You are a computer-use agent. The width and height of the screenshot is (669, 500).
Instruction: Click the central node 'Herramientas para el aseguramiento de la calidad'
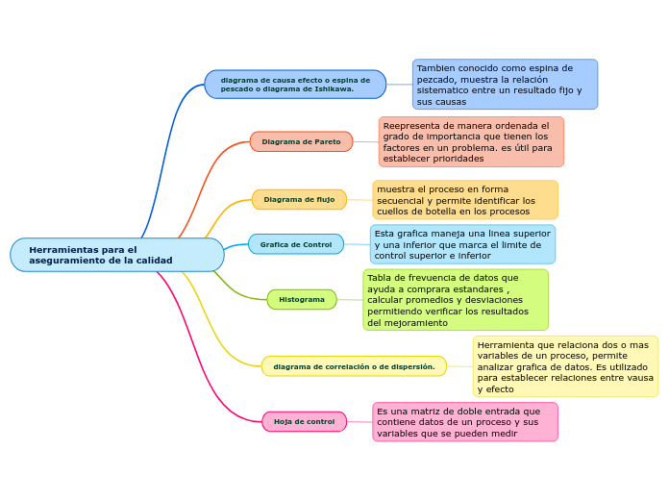click(x=116, y=255)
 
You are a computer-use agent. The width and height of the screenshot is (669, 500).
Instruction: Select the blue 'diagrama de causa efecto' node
click(x=295, y=85)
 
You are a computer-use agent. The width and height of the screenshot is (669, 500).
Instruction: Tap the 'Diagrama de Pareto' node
click(x=301, y=141)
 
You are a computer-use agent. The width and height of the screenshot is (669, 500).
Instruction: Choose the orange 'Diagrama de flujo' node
click(x=299, y=199)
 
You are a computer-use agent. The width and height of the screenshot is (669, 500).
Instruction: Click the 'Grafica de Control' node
click(x=295, y=244)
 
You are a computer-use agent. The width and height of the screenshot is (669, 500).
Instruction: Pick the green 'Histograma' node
click(x=302, y=299)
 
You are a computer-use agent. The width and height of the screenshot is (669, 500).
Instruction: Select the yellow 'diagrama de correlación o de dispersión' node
click(x=354, y=366)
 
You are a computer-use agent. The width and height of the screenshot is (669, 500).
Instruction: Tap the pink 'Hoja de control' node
click(x=304, y=421)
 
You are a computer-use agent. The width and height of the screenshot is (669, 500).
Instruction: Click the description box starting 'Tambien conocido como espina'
click(x=505, y=85)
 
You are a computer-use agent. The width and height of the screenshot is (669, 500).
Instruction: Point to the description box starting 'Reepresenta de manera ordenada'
click(x=471, y=141)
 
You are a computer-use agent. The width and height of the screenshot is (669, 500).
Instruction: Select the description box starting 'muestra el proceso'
click(x=465, y=200)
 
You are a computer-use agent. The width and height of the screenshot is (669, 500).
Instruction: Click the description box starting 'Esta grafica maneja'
click(x=462, y=244)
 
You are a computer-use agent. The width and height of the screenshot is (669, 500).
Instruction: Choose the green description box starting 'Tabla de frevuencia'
click(x=456, y=300)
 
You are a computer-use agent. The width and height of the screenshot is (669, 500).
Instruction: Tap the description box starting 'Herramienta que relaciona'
click(x=565, y=366)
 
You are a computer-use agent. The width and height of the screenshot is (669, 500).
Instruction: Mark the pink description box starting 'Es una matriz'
click(x=465, y=422)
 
